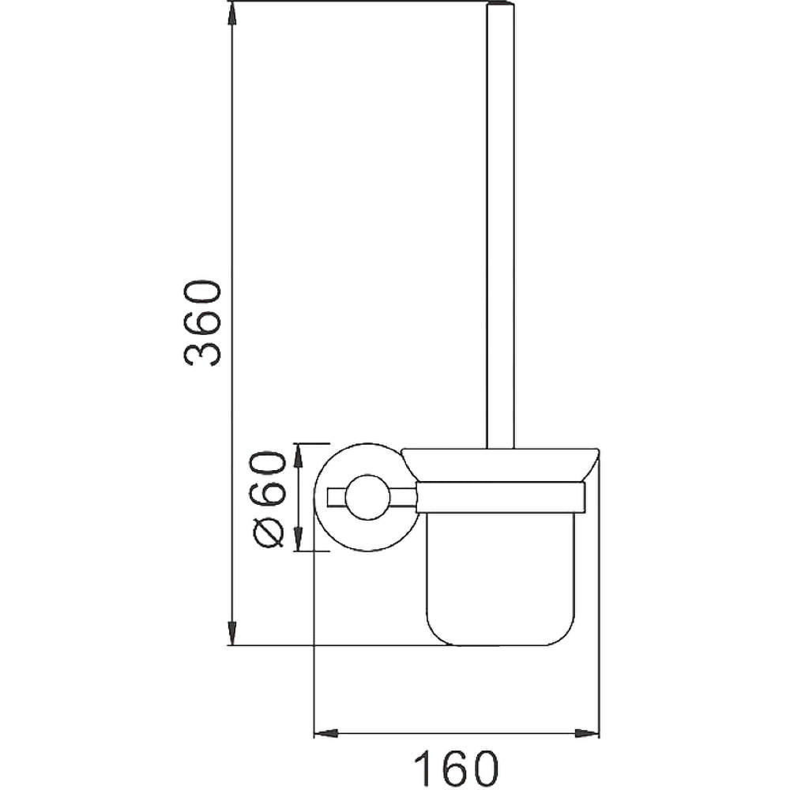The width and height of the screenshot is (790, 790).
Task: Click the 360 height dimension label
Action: [x=202, y=323]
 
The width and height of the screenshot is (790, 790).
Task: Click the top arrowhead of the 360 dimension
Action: [x=231, y=15]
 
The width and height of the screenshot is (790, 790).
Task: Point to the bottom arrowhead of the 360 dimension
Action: [x=231, y=633]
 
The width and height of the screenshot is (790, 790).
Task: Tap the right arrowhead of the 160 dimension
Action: [x=587, y=733]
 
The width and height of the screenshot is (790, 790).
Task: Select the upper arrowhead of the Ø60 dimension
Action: [x=299, y=456]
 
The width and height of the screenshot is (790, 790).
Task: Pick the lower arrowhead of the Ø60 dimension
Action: [x=299, y=539]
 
